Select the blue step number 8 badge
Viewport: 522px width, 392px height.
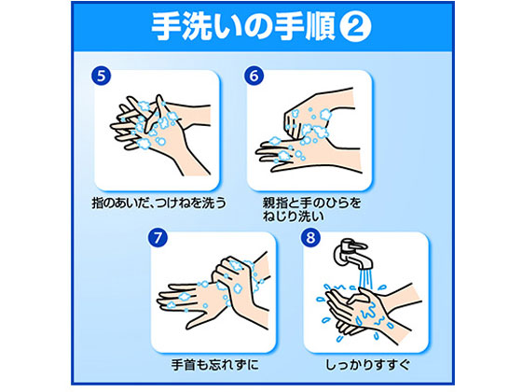(315, 238)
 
